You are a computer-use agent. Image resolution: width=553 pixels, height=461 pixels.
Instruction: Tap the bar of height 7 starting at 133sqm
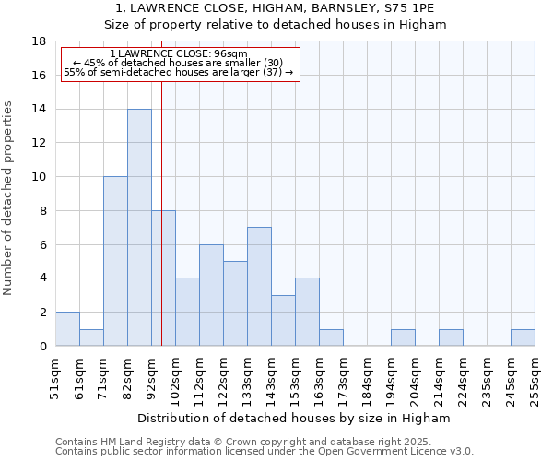coord(259,286)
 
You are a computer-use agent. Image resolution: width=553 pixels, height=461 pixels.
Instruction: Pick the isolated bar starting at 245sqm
coord(523,337)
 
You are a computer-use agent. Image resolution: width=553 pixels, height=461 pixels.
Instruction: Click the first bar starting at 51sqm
coord(67,329)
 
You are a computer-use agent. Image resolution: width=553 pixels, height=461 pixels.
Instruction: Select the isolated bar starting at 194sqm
coord(403,337)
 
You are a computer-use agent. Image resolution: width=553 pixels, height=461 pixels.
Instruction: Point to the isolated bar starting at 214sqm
coord(451,337)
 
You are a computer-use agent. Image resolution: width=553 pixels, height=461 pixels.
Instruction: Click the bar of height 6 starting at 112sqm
coord(211,295)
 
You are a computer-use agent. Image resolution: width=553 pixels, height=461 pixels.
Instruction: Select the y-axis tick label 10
coord(40,177)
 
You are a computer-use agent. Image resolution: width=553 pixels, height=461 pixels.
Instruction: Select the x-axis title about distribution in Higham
coord(294,418)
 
